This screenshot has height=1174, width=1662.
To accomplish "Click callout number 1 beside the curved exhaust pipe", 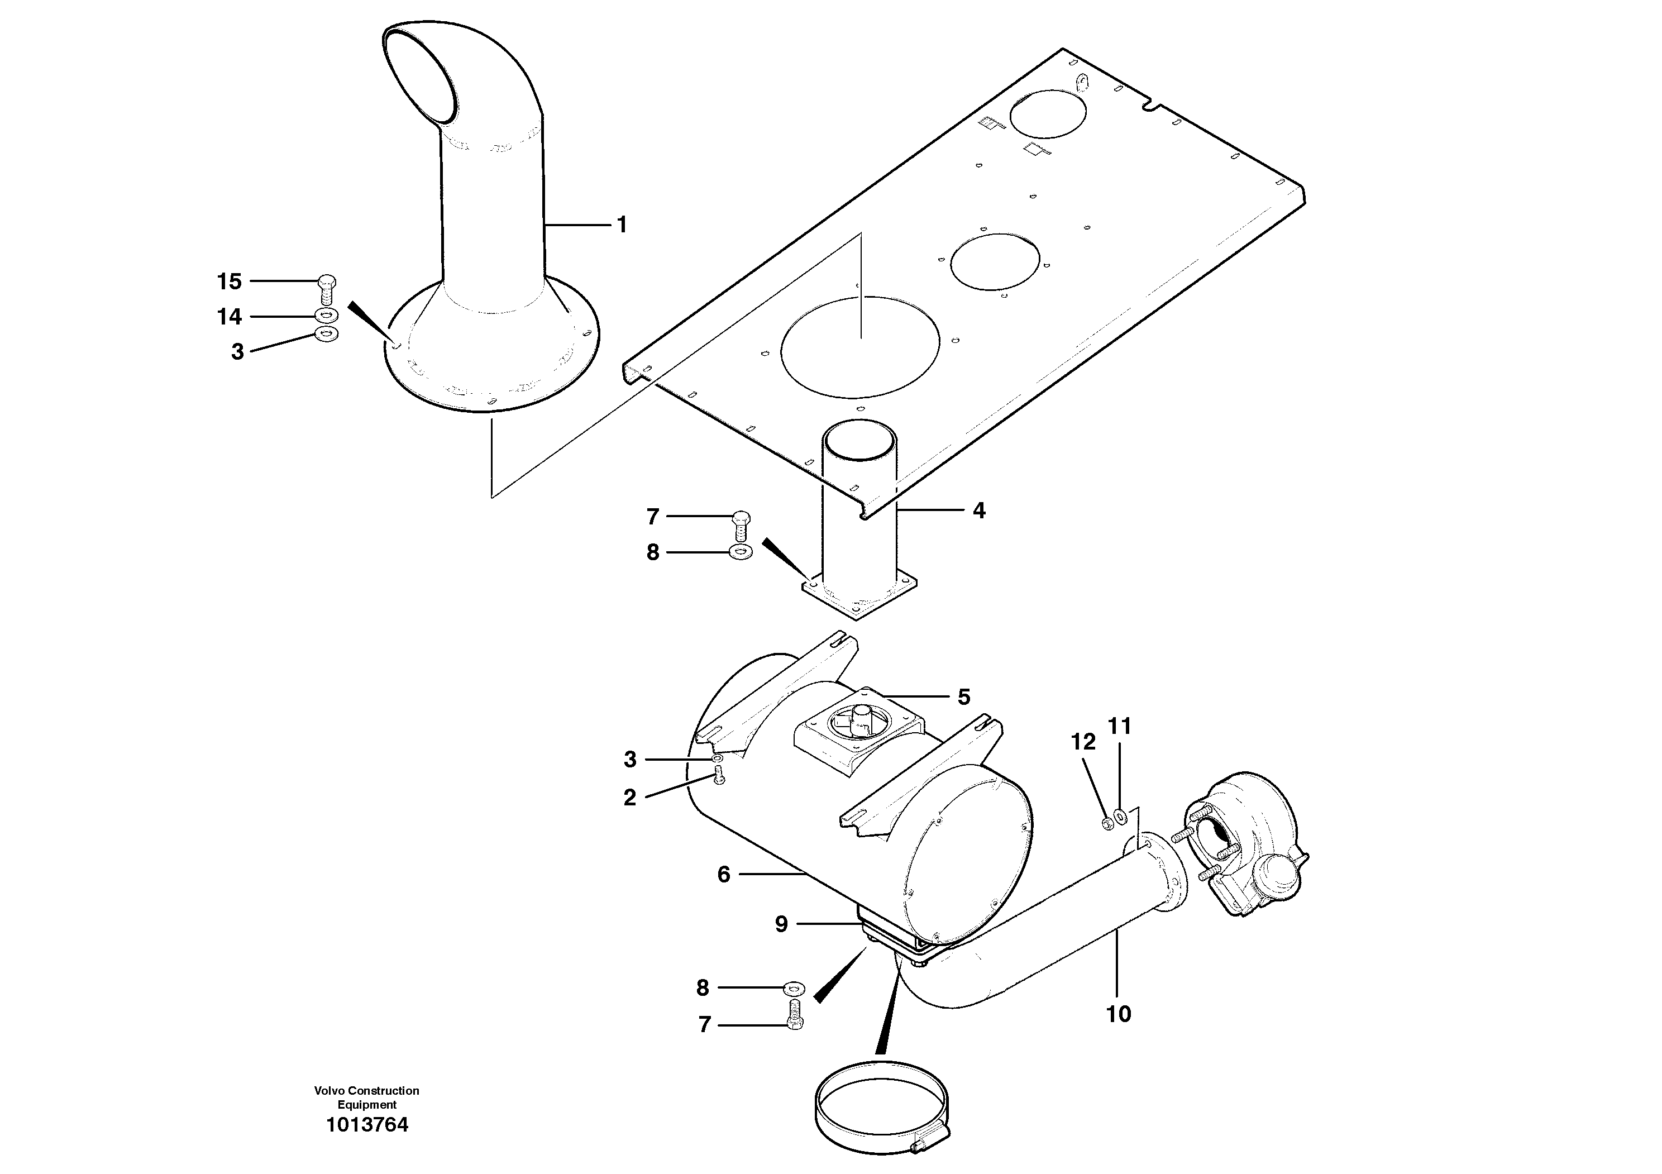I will tap(621, 225).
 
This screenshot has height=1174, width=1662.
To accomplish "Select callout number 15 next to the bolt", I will tap(230, 281).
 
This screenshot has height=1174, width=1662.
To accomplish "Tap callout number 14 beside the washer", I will tap(230, 317).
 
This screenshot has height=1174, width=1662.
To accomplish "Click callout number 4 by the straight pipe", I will tap(978, 511).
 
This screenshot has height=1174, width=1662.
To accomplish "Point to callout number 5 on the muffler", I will tap(963, 697).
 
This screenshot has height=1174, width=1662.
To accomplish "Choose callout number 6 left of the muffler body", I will tap(724, 875).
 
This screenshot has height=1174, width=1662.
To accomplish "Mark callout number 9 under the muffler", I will tap(782, 924).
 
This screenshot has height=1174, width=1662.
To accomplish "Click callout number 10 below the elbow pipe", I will tap(1119, 1014).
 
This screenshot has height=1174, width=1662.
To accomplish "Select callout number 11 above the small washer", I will tap(1120, 726).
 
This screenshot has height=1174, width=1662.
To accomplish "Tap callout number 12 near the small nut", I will tap(1083, 742).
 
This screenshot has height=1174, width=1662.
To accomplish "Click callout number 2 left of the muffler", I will tap(630, 798).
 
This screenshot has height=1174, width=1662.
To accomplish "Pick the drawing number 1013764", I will tap(367, 1125).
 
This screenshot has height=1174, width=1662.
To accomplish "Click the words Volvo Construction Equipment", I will tap(367, 1097).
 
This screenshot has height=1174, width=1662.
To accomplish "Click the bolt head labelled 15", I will tap(327, 281).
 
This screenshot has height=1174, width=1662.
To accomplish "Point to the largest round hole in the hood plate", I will tap(860, 346).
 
